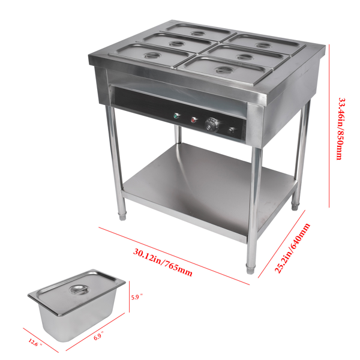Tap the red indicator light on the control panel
tap(194, 119)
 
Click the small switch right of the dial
tap(232, 129)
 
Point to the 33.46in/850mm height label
tap(340, 128)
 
